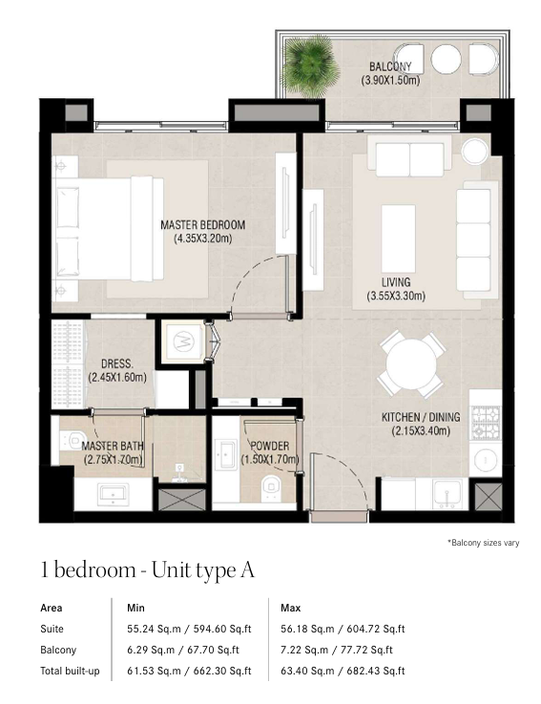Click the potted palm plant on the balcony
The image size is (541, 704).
click(x=311, y=66)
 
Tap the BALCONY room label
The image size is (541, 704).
click(x=389, y=67)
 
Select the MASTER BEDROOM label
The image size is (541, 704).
click(x=203, y=224)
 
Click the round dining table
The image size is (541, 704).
click(x=411, y=363)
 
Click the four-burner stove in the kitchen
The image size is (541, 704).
click(x=486, y=423)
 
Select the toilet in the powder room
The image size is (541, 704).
click(x=271, y=488)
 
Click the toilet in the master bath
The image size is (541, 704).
click(x=73, y=439)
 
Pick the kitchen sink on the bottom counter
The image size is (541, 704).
click(x=447, y=493)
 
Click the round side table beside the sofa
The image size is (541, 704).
click(x=474, y=151)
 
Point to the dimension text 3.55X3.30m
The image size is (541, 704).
click(x=396, y=296)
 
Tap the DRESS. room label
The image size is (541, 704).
click(x=117, y=363)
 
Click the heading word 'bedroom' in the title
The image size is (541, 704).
click(x=94, y=569)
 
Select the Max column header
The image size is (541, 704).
click(x=290, y=608)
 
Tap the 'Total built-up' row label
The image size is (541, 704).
click(x=70, y=672)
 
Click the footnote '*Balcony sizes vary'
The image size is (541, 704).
click(x=483, y=543)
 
